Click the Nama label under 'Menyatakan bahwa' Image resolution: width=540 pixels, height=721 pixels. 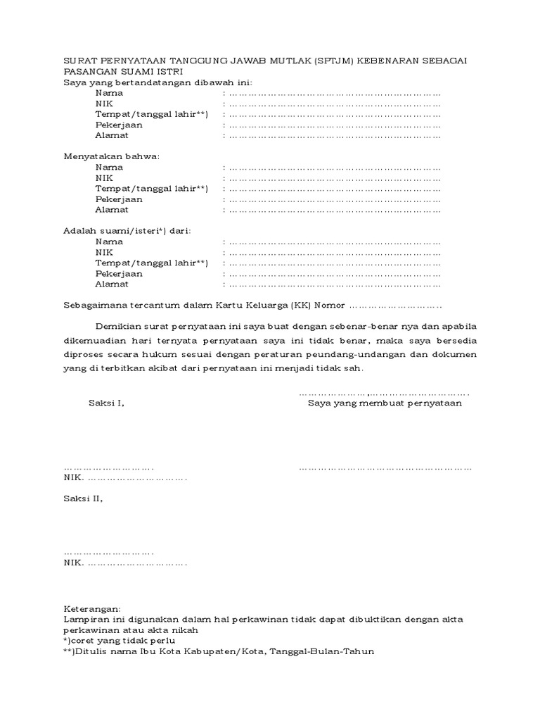click(109, 168)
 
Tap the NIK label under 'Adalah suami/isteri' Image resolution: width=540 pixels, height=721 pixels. click(104, 252)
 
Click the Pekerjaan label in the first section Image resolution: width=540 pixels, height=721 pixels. click(119, 125)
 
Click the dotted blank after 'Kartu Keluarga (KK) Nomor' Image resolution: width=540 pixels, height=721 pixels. click(395, 306)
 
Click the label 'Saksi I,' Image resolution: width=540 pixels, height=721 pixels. click(106, 403)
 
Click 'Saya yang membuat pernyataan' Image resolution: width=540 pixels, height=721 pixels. click(385, 403)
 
